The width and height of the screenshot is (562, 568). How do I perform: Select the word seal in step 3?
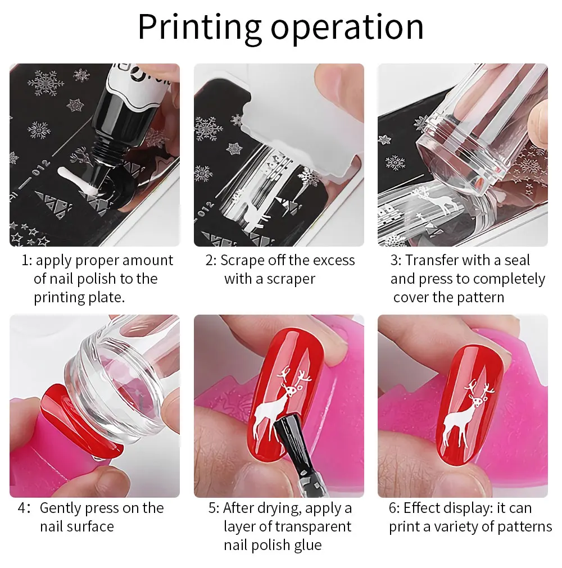(517, 260)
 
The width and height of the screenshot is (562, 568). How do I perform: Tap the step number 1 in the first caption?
(25, 261)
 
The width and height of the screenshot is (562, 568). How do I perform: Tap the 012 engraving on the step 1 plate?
(40, 168)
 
